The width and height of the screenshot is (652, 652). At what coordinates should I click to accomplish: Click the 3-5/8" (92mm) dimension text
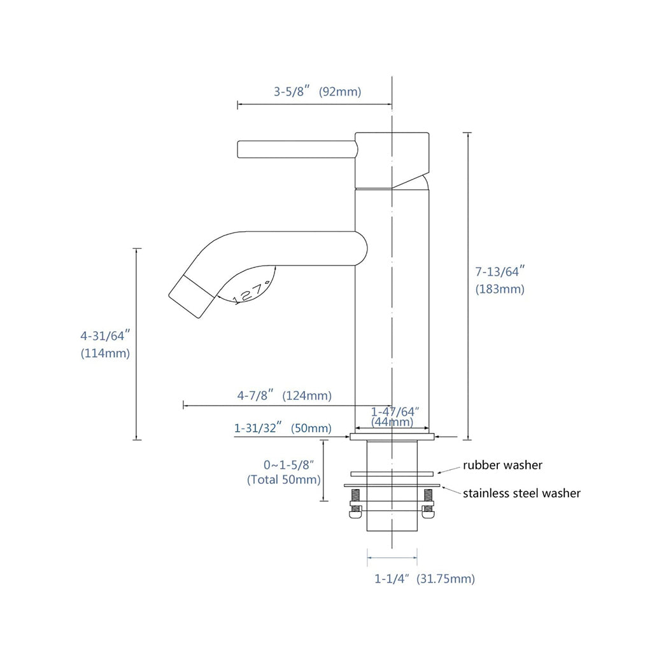(317, 91)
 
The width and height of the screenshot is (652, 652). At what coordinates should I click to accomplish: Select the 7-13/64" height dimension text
(499, 272)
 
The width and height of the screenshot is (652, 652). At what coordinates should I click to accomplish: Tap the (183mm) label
(500, 289)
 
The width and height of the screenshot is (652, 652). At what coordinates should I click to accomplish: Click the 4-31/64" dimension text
(105, 335)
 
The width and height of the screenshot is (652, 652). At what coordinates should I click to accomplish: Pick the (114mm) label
(105, 353)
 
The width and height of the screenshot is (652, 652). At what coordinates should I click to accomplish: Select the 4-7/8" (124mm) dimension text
(284, 395)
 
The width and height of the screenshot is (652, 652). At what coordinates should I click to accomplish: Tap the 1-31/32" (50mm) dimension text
(283, 428)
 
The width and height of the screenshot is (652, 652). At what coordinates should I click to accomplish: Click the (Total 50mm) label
(284, 479)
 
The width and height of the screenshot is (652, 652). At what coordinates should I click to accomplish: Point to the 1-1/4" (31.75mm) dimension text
(424, 579)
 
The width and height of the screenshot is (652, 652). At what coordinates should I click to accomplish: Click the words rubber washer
(502, 465)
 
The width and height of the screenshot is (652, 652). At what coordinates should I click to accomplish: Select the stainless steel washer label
(521, 493)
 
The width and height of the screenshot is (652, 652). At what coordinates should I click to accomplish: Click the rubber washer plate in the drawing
(392, 473)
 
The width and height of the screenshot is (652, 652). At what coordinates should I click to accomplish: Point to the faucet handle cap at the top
(392, 159)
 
